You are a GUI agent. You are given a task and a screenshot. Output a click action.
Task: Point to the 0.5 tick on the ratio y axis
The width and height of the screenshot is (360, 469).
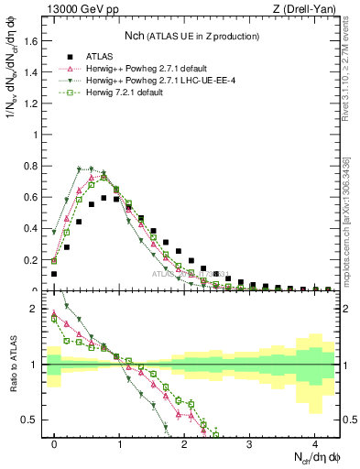click(32, 420)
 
